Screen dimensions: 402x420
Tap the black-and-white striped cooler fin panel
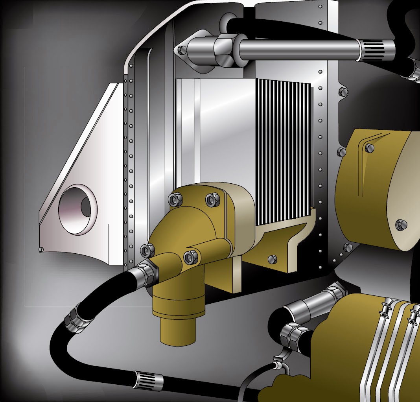pos(283,151)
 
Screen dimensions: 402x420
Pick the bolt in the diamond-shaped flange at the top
pos(182,50)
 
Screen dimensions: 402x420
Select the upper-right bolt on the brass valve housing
pos(213,201)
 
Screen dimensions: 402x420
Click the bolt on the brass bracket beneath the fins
pos(272,259)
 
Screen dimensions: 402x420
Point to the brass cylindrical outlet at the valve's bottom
pos(178,330)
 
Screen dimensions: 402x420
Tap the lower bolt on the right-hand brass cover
pos(401,225)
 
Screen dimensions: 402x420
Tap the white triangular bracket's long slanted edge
pos(79,153)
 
